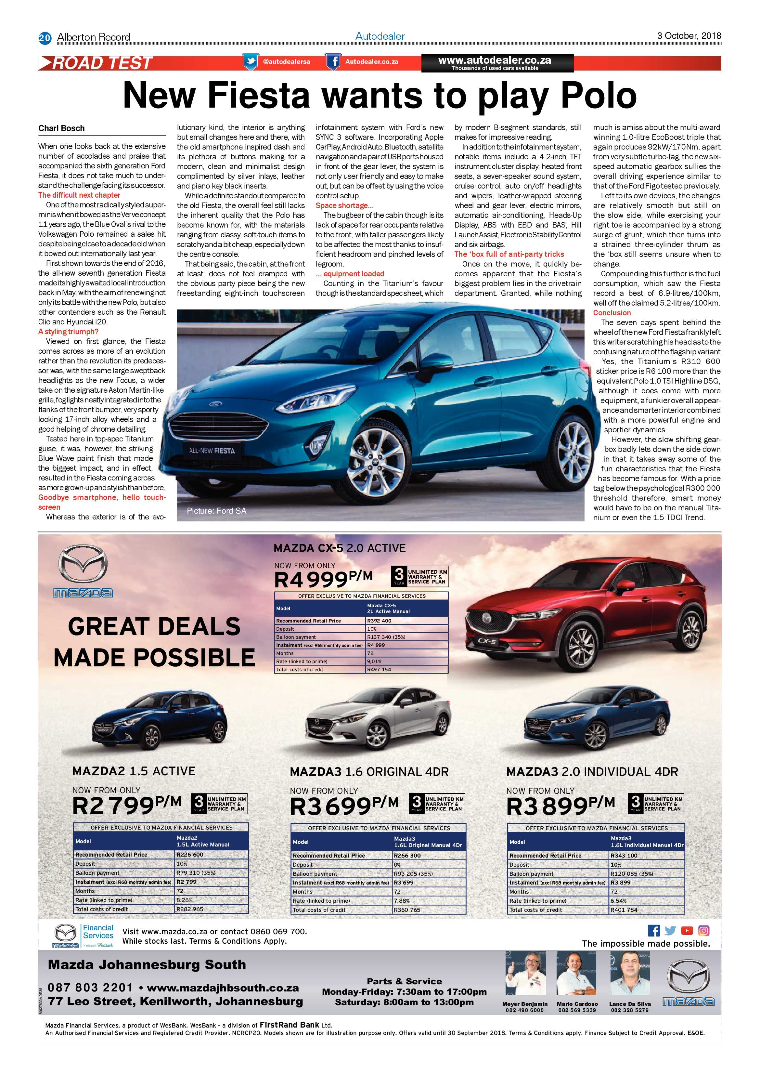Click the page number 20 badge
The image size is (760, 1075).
coord(45,37)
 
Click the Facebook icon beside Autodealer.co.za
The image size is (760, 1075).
coord(333,62)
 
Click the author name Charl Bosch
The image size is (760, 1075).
coord(61,128)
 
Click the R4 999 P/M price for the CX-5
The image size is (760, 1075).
coord(323,579)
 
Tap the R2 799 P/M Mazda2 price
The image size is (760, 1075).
coord(126,805)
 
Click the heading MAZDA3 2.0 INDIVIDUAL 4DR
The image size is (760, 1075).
coord(592,772)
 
